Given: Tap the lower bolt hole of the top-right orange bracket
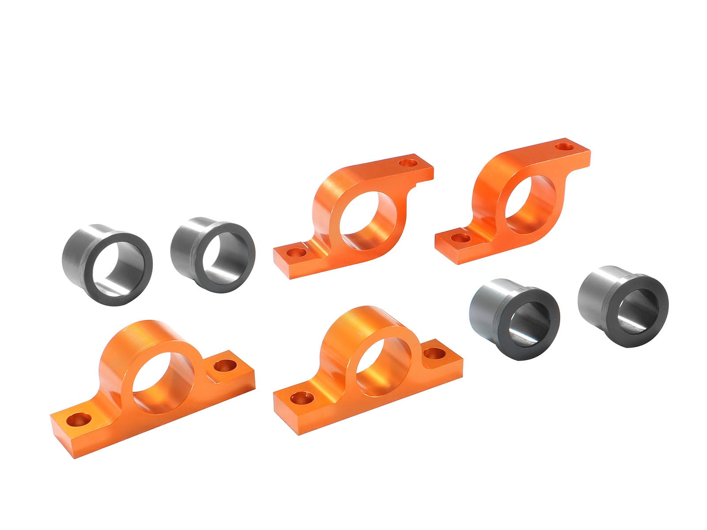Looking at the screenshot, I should pyautogui.click(x=461, y=238).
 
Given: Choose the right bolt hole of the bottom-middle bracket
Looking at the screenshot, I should pyautogui.click(x=434, y=352).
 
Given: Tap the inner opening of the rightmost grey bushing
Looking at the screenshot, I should pyautogui.click(x=636, y=311).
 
